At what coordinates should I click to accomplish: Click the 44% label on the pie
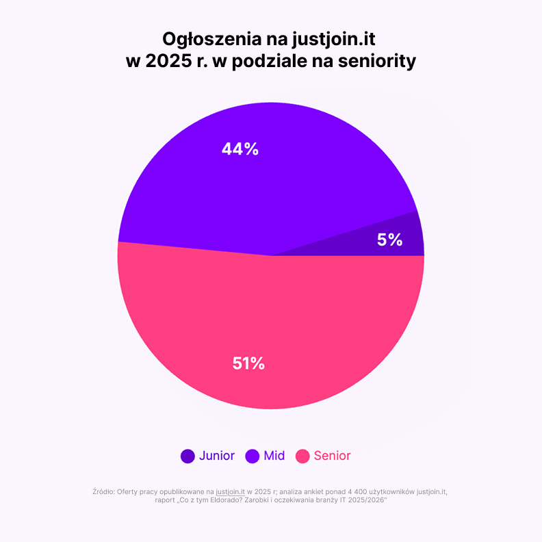[x=240, y=149]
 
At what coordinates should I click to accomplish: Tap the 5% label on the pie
[x=389, y=240]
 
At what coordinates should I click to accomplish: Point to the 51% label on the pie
[x=248, y=363]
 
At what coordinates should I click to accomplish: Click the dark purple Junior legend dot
[x=188, y=456]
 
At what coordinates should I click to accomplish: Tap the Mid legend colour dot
[x=252, y=456]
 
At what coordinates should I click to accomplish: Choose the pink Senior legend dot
[x=302, y=456]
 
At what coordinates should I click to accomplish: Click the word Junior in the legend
[x=217, y=456]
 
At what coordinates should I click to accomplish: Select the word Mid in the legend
[x=274, y=456]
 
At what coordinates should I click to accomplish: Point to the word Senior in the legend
[x=333, y=456]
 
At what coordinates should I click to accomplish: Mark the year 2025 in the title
[x=167, y=62]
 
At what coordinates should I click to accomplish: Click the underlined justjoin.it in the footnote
[x=230, y=491]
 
